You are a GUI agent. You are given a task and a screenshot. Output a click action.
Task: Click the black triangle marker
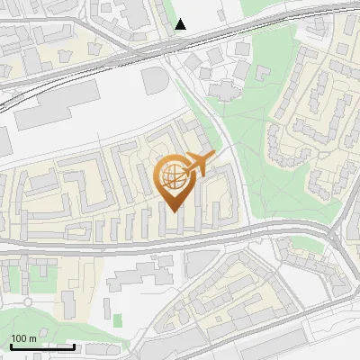[x=181, y=24]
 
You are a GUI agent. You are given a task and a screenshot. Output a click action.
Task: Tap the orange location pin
[x=175, y=184]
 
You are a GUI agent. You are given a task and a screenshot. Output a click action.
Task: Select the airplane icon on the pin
[x=196, y=165]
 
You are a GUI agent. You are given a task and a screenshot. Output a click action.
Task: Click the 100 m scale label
[x=23, y=337]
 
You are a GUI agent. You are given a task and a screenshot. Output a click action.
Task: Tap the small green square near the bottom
[x=117, y=319]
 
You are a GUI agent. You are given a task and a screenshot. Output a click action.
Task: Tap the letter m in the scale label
[x=33, y=337]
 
